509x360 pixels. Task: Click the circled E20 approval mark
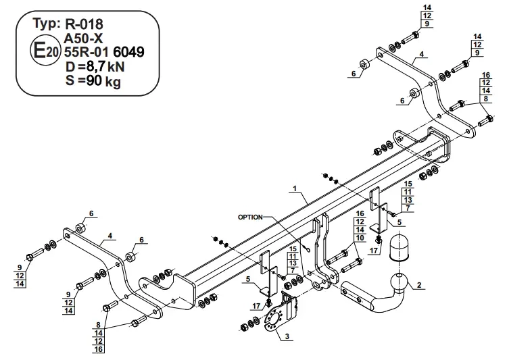[45, 51]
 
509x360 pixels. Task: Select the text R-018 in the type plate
[84, 24]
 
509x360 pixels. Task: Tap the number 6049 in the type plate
[129, 52]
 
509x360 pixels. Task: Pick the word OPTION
[250, 217]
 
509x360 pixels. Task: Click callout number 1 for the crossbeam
[295, 188]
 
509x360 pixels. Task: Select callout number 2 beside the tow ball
[419, 285]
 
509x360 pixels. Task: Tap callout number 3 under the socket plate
[287, 336]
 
